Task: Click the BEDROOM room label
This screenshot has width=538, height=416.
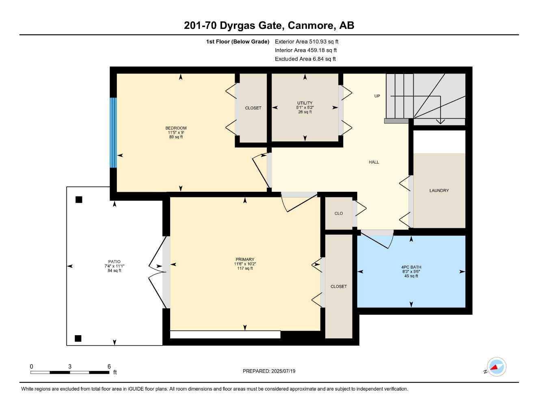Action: point(176,128)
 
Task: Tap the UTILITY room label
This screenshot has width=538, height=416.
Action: point(305,103)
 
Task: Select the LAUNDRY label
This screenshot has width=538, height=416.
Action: point(439,191)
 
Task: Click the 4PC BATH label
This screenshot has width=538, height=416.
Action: point(411,267)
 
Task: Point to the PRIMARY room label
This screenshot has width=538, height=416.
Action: point(245,260)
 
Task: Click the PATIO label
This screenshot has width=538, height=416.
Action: point(115,262)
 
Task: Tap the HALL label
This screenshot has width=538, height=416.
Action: point(374,162)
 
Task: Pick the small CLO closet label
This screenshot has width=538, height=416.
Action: point(339,214)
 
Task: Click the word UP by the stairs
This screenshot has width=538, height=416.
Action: point(377,96)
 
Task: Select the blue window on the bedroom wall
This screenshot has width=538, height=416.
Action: point(113,132)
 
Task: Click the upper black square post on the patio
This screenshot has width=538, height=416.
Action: point(79,199)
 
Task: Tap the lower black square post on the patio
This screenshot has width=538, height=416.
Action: point(78,338)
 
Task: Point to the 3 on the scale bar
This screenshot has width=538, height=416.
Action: point(70,366)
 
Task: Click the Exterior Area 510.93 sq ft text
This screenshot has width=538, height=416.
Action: point(307,41)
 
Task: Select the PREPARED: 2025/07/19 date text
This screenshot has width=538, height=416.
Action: point(269,371)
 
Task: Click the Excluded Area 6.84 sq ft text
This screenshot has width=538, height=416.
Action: point(305,59)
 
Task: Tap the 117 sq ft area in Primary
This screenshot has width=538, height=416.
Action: point(245,268)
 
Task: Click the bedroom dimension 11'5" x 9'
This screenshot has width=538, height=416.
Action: point(176,132)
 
